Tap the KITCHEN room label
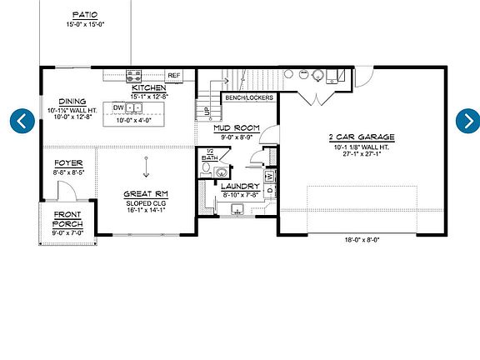149,87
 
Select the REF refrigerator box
175,75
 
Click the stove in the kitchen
133,76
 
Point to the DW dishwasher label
118,108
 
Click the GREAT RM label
146,193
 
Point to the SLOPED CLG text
146,202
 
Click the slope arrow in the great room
146,167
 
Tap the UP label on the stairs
203,110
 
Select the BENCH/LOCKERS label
248,97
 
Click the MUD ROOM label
237,127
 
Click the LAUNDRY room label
240,186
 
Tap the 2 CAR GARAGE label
362,137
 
